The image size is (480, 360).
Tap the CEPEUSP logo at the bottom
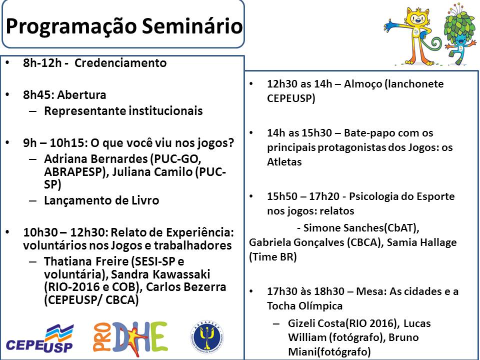[x=40, y=338]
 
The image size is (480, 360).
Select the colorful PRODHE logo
[x=130, y=339]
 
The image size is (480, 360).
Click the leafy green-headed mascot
[x=459, y=33]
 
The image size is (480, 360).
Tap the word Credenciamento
[x=120, y=63]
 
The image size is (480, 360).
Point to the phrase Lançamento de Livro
[x=101, y=200]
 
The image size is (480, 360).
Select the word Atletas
[x=284, y=162]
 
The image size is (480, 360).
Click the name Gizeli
[x=303, y=323]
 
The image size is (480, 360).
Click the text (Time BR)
[x=273, y=257]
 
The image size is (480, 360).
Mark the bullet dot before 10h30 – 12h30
[x=7, y=232]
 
